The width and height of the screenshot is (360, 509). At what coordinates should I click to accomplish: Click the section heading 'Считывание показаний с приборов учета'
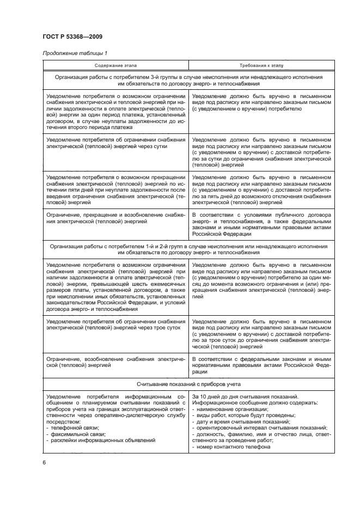(x=188, y=383)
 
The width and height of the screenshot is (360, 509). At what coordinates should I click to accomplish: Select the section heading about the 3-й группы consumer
(x=188, y=81)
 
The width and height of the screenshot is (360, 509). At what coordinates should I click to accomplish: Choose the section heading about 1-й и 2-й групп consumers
(x=188, y=250)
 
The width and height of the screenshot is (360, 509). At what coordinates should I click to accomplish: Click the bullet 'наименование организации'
(x=231, y=408)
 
